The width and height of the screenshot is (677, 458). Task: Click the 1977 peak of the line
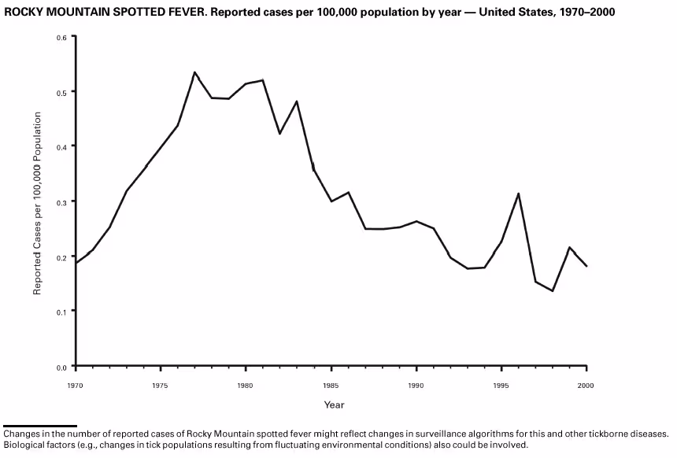click(194, 72)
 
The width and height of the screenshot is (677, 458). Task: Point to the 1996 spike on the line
click(518, 194)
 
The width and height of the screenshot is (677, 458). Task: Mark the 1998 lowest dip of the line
click(553, 290)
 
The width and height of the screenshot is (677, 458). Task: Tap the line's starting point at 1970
click(76, 262)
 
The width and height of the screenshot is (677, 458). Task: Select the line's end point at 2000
click(586, 266)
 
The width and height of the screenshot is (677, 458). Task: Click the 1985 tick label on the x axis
click(331, 386)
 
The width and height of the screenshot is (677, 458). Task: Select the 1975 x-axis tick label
click(161, 386)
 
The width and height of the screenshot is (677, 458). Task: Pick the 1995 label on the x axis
click(501, 386)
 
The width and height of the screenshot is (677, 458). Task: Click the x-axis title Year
click(334, 404)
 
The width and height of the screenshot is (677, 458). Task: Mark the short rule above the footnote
click(39, 426)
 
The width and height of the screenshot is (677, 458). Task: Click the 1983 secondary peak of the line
click(297, 101)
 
